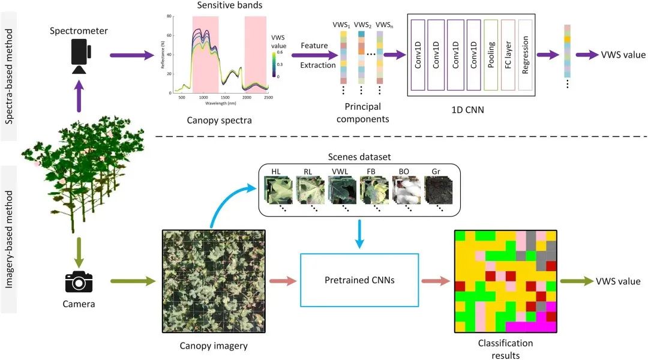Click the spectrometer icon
coord(79,56)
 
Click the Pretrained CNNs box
coord(359,280)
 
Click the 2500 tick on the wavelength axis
coord(268,97)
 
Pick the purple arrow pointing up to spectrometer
coord(79,98)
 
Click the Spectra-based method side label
coord(10,70)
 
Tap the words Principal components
coord(362,113)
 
